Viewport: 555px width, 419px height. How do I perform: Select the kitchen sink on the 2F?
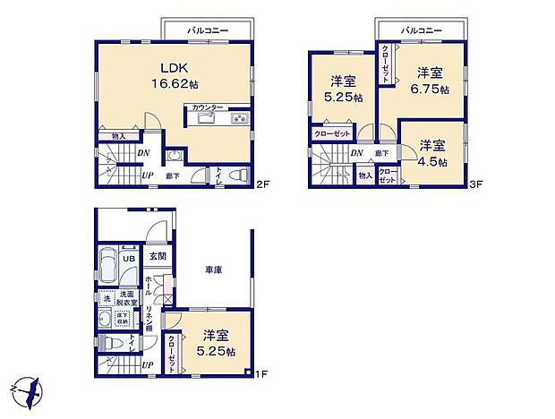pos(205,119)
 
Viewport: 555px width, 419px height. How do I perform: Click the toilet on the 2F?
pos(236,175)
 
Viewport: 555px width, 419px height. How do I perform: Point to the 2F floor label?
pos(261,185)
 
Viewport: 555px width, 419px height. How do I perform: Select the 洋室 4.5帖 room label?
pos(432,153)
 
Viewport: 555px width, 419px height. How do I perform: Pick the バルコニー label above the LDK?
pos(208,30)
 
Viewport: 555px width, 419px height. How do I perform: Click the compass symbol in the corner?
pos(27,390)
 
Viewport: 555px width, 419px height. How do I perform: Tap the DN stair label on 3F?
pos(356,153)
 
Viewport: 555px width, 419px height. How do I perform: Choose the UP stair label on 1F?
pos(146,364)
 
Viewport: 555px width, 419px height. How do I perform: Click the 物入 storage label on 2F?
pos(119,136)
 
